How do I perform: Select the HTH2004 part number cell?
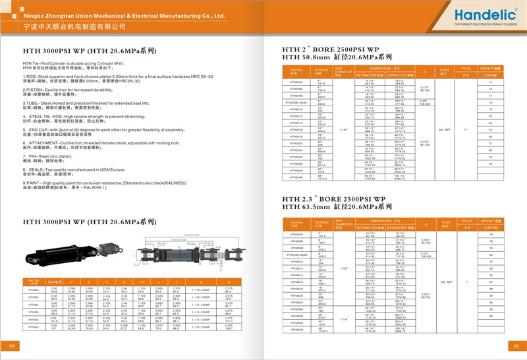pos(296,82)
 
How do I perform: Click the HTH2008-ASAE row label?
pos(298,103)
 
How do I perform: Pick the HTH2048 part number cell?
pos(296,177)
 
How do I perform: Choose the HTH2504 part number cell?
pos(296,233)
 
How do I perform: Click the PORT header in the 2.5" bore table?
pos(444,222)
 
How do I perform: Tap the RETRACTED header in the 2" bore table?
pos(366,75)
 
